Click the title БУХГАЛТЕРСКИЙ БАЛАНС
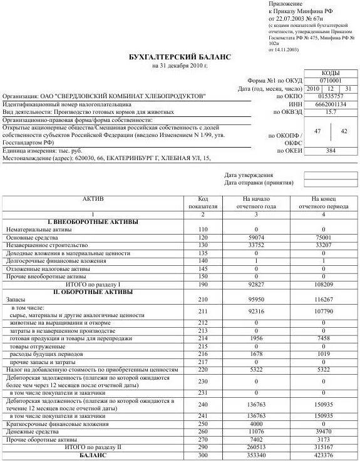point(179,57)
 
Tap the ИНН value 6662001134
point(330,104)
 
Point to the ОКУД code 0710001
point(330,81)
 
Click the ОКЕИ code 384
point(330,151)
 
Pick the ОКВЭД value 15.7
point(330,112)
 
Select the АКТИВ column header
point(93,199)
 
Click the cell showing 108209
point(323,284)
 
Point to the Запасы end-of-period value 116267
point(323,300)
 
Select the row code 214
point(202,338)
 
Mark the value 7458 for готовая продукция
point(323,338)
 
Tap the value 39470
point(323,431)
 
